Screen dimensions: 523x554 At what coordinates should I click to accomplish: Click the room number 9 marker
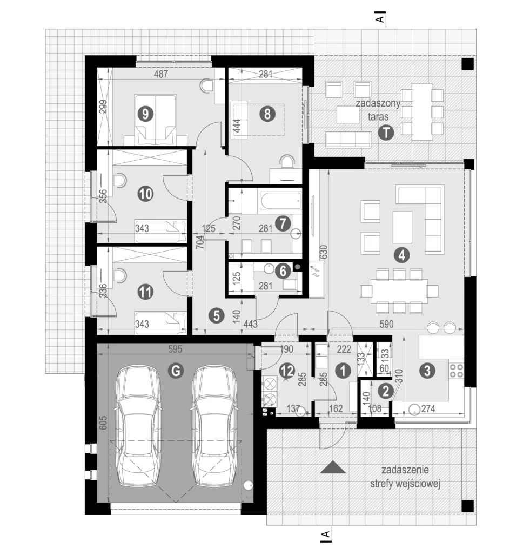click(145, 114)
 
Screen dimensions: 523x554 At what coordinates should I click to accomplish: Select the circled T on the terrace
click(386, 133)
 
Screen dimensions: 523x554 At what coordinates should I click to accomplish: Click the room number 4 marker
click(401, 255)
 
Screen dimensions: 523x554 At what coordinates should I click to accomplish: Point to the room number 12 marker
click(287, 371)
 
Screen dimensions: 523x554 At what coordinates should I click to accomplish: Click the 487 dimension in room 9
click(161, 74)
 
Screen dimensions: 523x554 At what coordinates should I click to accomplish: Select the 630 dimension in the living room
click(323, 252)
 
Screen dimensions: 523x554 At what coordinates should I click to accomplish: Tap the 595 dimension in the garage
click(175, 349)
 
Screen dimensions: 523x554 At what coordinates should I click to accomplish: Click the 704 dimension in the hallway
click(200, 242)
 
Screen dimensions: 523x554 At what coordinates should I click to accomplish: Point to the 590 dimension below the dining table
click(386, 324)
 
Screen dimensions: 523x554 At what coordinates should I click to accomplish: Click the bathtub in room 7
click(280, 201)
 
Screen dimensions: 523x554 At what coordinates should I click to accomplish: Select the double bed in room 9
click(156, 120)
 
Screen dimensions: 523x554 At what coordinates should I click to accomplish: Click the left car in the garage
click(138, 425)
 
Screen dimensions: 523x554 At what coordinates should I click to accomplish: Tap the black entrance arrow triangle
click(333, 468)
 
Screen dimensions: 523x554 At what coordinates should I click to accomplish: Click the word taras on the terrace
click(378, 117)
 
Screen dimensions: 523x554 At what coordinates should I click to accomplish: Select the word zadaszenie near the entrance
click(405, 470)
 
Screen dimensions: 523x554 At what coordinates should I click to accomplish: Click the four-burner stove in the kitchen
click(457, 371)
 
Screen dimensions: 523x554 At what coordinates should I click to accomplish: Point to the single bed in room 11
click(160, 322)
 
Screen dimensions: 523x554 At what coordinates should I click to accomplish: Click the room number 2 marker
click(386, 391)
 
